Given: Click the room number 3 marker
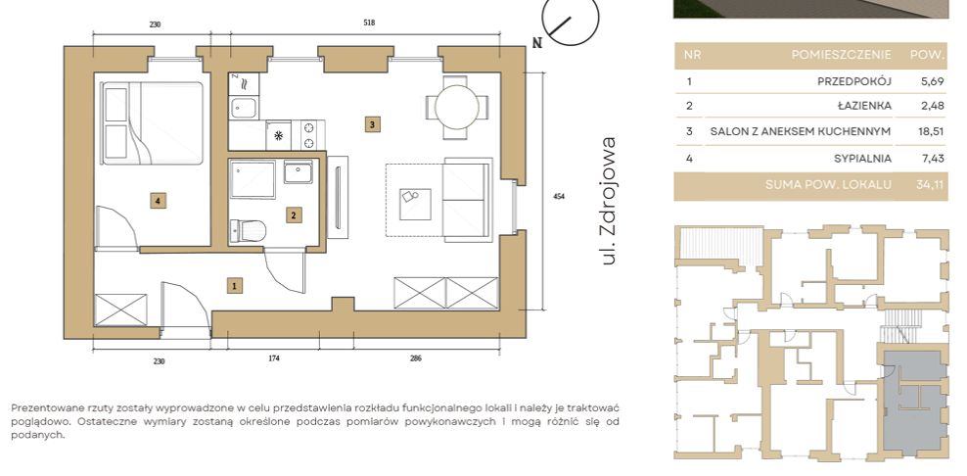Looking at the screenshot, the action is (371, 124).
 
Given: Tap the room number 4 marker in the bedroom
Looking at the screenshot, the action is (159, 200).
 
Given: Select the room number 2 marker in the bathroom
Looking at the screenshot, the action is (294, 214).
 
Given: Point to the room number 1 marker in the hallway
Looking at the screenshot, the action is (234, 285).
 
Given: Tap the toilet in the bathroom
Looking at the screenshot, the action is (248, 231).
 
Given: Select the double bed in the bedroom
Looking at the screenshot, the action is (153, 122).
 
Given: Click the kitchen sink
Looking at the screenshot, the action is (244, 110).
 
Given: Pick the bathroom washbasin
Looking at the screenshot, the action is (299, 171).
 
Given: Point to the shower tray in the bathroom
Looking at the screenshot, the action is (253, 179).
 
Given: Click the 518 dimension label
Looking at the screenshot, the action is (369, 24).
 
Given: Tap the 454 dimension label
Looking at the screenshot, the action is (559, 196).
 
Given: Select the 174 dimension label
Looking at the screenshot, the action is (274, 358).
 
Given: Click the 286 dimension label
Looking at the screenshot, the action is (416, 358).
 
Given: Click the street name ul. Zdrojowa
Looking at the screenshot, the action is (609, 201).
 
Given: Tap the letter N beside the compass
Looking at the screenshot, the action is (537, 43).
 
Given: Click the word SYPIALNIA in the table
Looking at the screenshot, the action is (863, 158).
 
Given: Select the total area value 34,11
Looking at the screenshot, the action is (931, 184).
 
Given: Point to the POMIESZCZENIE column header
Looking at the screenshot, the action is (841, 55).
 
